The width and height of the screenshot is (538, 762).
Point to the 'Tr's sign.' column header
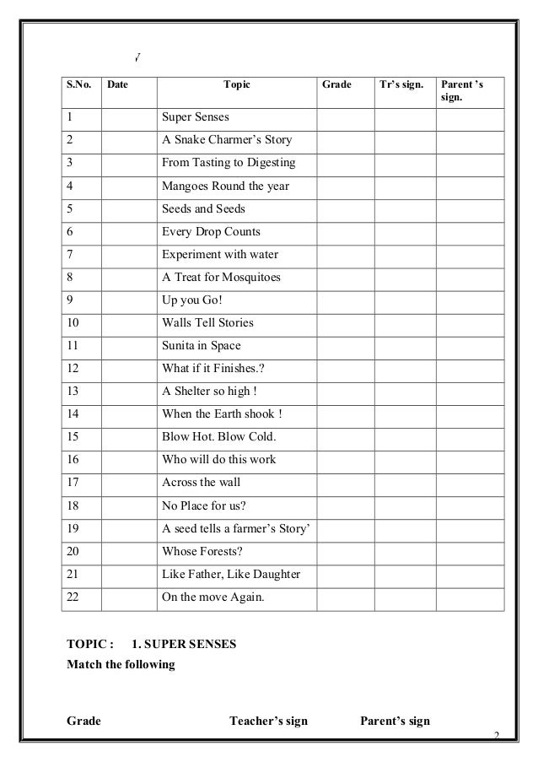pyautogui.click(x=404, y=85)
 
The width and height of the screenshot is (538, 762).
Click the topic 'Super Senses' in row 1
pyautogui.click(x=196, y=116)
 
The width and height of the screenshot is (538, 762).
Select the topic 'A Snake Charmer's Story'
pyautogui.click(x=227, y=139)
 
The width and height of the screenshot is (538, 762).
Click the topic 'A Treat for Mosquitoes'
pyautogui.click(x=221, y=277)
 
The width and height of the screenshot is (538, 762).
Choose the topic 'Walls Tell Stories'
pyautogui.click(x=207, y=322)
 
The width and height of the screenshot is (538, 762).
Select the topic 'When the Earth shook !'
pyautogui.click(x=222, y=414)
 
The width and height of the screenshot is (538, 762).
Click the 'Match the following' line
pyautogui.click(x=121, y=665)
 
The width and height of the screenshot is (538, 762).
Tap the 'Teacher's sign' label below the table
pyautogui.click(x=268, y=721)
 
